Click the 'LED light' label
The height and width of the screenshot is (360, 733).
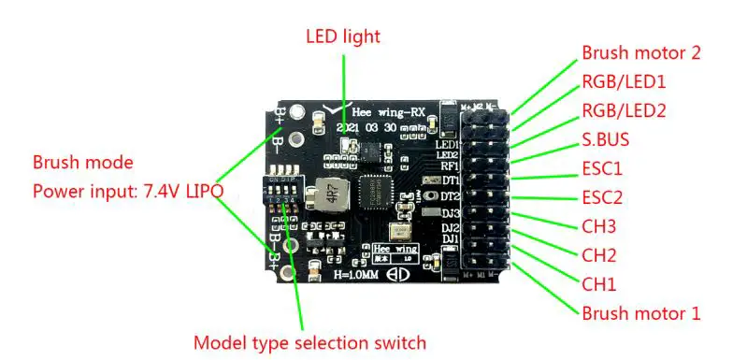tap(343, 36)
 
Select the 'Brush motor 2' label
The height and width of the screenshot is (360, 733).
tap(640, 53)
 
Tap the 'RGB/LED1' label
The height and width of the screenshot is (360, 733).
tap(625, 82)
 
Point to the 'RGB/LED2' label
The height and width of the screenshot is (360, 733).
tap(625, 111)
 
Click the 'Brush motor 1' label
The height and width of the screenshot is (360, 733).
tap(640, 313)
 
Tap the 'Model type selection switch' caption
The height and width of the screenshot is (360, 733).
tap(309, 342)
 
